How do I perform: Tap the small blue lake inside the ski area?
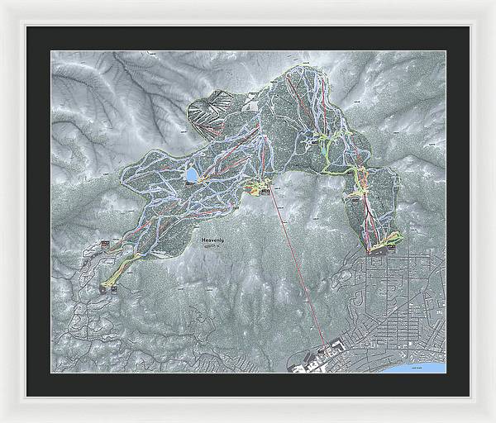(191, 175)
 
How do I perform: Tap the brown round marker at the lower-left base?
(103, 288)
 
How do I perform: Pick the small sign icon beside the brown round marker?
(112, 290)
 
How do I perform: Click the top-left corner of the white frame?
(2, 2)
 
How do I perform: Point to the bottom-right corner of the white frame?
(493, 420)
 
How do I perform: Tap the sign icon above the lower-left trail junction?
(105, 242)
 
